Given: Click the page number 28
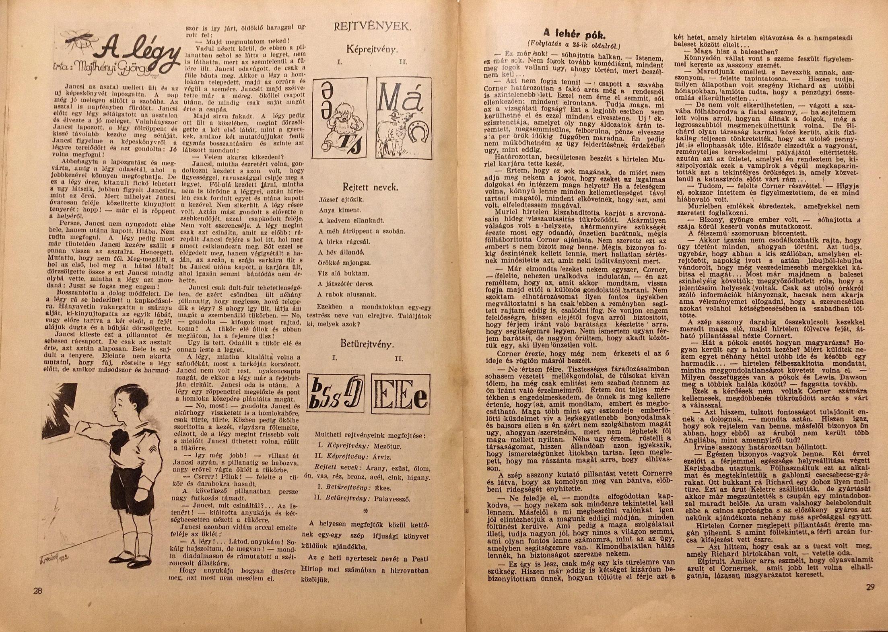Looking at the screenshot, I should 38,591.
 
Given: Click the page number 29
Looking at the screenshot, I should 870,587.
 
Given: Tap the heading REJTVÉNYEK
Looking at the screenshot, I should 372,27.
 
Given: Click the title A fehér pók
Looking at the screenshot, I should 574,33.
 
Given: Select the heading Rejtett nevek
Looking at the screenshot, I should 370,187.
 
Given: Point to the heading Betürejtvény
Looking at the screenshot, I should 367,344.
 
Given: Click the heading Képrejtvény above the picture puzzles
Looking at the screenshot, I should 372,50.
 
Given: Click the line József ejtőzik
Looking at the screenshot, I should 341,200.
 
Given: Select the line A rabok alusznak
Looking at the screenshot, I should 347,294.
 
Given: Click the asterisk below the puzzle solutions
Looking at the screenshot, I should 366,511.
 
